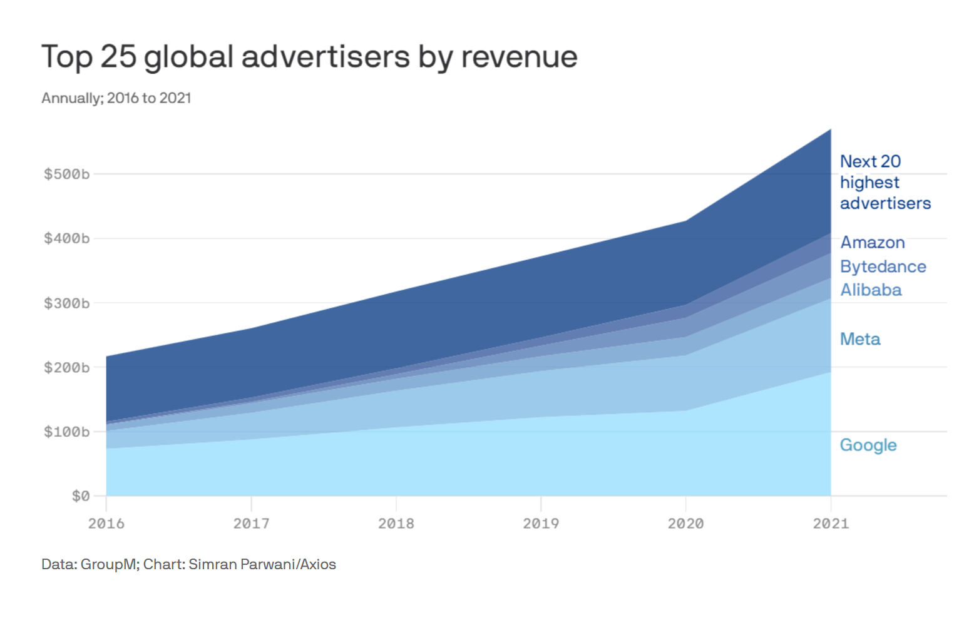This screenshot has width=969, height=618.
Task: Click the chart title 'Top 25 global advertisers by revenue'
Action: tap(309, 57)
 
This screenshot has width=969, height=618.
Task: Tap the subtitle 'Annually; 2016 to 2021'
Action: tap(116, 98)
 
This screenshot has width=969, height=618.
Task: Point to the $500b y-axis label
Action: tap(66, 174)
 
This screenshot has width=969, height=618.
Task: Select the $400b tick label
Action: tap(66, 238)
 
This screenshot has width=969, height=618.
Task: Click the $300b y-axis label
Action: tap(66, 303)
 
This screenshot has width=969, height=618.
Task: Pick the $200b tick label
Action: tap(66, 368)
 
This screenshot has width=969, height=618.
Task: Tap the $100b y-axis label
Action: tap(66, 432)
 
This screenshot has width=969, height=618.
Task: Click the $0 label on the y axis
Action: tap(81, 496)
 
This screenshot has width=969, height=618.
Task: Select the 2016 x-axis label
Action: tap(106, 524)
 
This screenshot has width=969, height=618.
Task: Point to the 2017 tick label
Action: tap(251, 524)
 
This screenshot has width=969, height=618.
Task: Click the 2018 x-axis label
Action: tap(396, 524)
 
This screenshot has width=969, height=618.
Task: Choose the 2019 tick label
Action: tap(541, 524)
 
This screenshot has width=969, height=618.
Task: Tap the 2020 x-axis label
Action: tap(686, 524)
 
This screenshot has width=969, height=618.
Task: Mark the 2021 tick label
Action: tap(831, 524)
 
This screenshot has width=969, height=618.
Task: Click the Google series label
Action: tap(868, 445)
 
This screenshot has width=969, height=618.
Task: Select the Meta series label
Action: tap(860, 339)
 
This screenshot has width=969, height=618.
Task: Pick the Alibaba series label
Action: tap(871, 290)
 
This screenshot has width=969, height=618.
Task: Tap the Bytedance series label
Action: tap(883, 266)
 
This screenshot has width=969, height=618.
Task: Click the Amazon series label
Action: tap(873, 243)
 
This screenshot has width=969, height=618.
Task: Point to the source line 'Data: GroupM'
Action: tap(88, 564)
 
